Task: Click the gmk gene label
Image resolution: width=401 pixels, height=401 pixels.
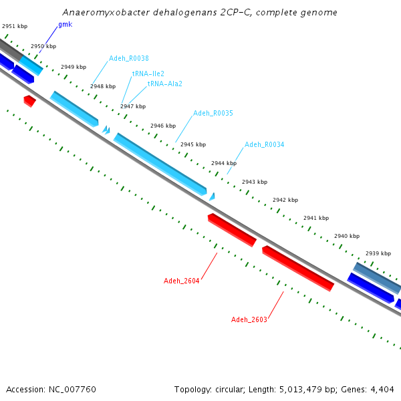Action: (65, 25)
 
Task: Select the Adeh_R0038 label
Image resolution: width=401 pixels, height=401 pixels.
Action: (128, 58)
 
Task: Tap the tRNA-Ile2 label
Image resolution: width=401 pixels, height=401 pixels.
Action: (148, 74)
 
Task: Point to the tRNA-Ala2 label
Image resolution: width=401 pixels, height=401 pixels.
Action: (165, 84)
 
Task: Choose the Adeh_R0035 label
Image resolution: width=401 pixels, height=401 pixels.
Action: (213, 113)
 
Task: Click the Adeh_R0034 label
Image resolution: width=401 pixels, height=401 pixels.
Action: (265, 144)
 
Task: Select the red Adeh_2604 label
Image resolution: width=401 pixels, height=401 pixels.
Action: (181, 281)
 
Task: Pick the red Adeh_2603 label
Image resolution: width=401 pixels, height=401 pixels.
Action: (249, 319)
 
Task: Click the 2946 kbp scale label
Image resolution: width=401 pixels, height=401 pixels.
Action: (163, 126)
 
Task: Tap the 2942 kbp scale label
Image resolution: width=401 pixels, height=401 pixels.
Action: (285, 200)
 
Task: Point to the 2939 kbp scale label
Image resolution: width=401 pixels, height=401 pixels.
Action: (378, 253)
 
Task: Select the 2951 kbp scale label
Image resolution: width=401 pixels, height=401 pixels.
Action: (15, 26)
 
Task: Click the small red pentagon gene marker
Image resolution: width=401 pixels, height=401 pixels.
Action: (29, 102)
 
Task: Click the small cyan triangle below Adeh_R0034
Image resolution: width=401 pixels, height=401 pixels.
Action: (212, 197)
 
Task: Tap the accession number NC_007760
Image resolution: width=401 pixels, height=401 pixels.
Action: (72, 390)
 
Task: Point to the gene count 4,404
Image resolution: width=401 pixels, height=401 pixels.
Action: (382, 390)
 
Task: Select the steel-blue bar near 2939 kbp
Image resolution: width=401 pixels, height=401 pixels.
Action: (376, 278)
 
